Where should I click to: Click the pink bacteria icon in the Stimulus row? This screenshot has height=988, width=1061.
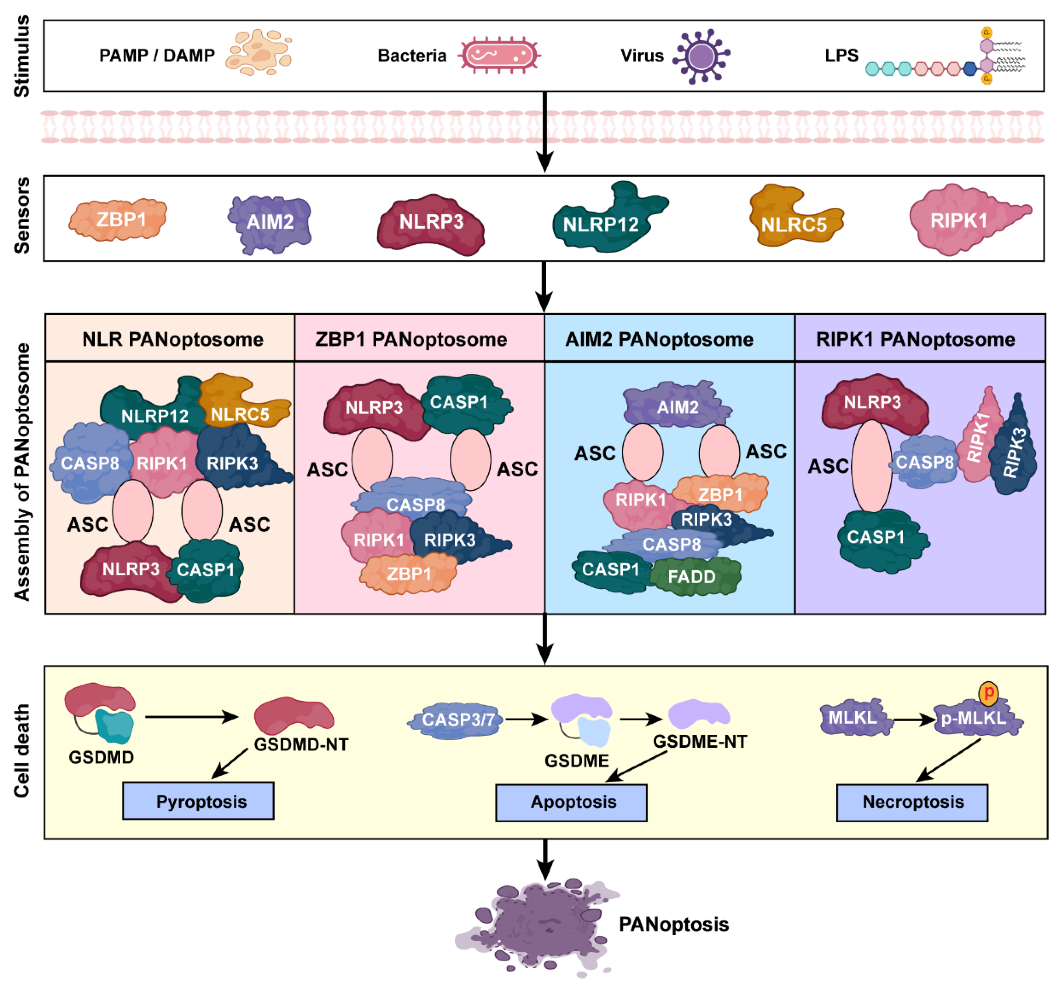(499, 55)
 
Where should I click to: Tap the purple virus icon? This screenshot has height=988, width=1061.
(701, 56)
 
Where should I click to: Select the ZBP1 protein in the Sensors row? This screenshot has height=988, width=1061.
(118, 219)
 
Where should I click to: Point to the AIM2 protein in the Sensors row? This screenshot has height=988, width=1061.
(270, 222)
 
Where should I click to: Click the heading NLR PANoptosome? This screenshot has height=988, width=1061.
(172, 339)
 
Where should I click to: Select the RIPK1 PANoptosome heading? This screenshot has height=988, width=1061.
(915, 339)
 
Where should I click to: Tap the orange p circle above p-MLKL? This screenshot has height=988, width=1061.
(988, 693)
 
